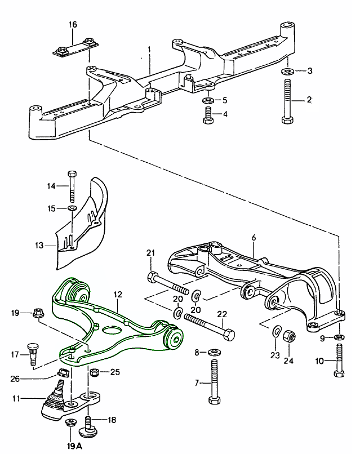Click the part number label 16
click(x=72, y=25)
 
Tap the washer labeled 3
click(x=286, y=72)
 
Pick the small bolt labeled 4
click(x=207, y=115)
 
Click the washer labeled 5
click(x=207, y=100)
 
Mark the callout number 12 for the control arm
click(x=117, y=295)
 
